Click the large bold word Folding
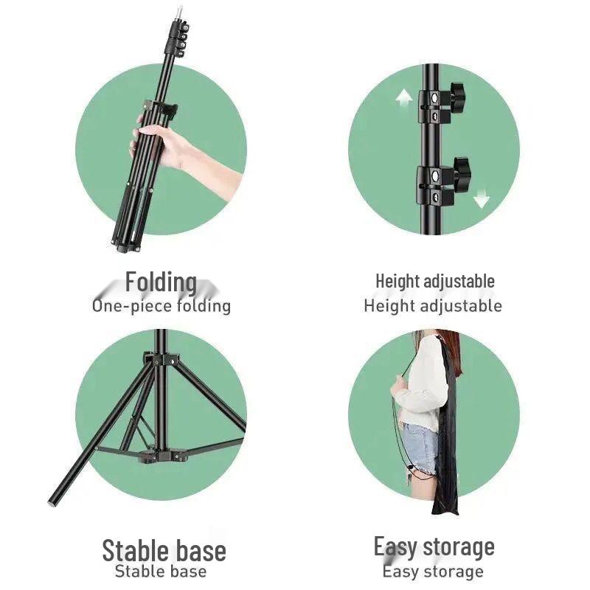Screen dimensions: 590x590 coord(161,282)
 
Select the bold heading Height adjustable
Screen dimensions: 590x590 coord(435,282)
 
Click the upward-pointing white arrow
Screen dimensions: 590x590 coord(404,99)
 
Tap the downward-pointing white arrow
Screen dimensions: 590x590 coord(482,197)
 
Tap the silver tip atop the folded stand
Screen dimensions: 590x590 coord(180,13)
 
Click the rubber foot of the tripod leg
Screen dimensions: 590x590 coord(52,502)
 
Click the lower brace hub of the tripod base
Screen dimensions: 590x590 coord(161,455)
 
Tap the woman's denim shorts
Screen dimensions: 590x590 coord(420,448)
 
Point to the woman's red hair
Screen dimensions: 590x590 coord(448,345)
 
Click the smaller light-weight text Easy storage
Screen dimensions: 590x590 coord(433,572)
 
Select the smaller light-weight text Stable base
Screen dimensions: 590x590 coord(161,571)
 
